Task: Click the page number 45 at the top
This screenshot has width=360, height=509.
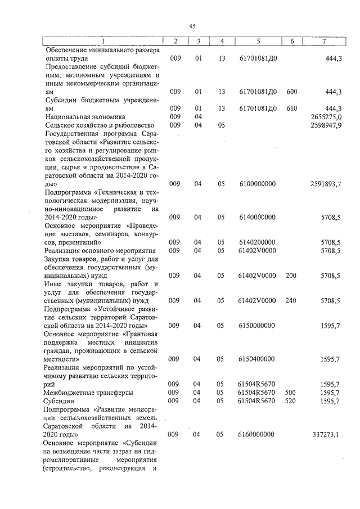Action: [192, 26]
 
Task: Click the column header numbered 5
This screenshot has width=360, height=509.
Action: [258, 42]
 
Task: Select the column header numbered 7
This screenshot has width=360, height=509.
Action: [323, 42]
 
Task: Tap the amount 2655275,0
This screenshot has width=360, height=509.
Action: [326, 116]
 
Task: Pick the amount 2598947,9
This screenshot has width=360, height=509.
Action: [326, 125]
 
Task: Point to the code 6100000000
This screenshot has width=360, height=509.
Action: [257, 184]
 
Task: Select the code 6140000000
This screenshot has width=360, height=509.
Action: [257, 217]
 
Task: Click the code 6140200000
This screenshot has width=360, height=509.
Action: [257, 242]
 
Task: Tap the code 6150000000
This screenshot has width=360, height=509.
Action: [257, 326]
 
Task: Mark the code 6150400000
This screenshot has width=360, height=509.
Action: [257, 359]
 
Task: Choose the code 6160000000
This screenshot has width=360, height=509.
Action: [257, 435]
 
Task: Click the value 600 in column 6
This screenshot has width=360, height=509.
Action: [292, 92]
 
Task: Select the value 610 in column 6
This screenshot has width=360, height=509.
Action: [292, 108]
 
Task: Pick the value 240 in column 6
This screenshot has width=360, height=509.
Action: [291, 301]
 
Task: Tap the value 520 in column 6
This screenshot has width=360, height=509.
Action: [291, 401]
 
